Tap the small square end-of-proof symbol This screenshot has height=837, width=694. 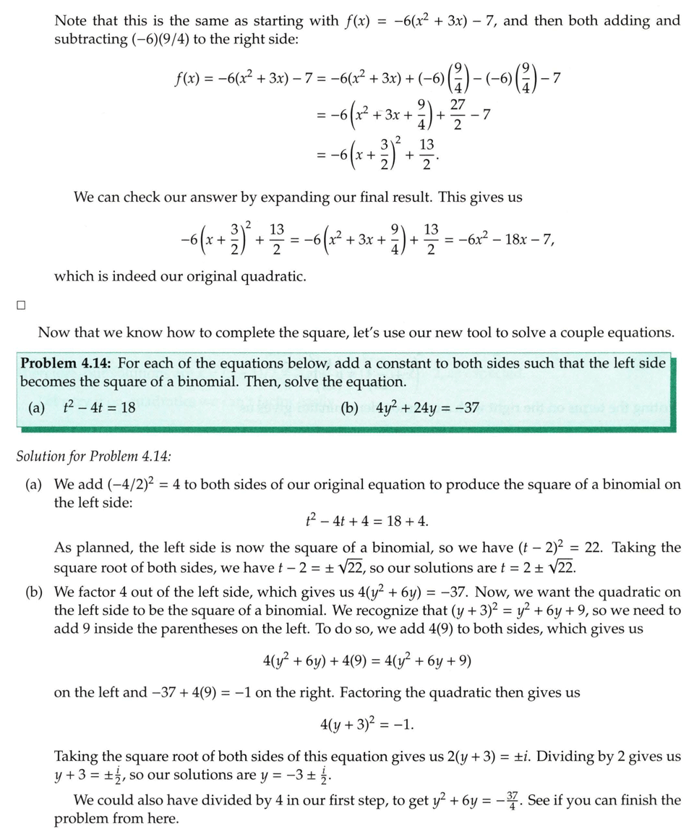tap(21, 305)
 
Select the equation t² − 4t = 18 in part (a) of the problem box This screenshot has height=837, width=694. tap(100, 407)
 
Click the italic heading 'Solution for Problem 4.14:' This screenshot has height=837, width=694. tap(93, 456)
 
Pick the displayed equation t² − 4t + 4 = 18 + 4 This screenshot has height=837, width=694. tap(367, 521)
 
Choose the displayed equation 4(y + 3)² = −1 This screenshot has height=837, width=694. tap(367, 725)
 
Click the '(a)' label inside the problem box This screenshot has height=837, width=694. tap(36, 407)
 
